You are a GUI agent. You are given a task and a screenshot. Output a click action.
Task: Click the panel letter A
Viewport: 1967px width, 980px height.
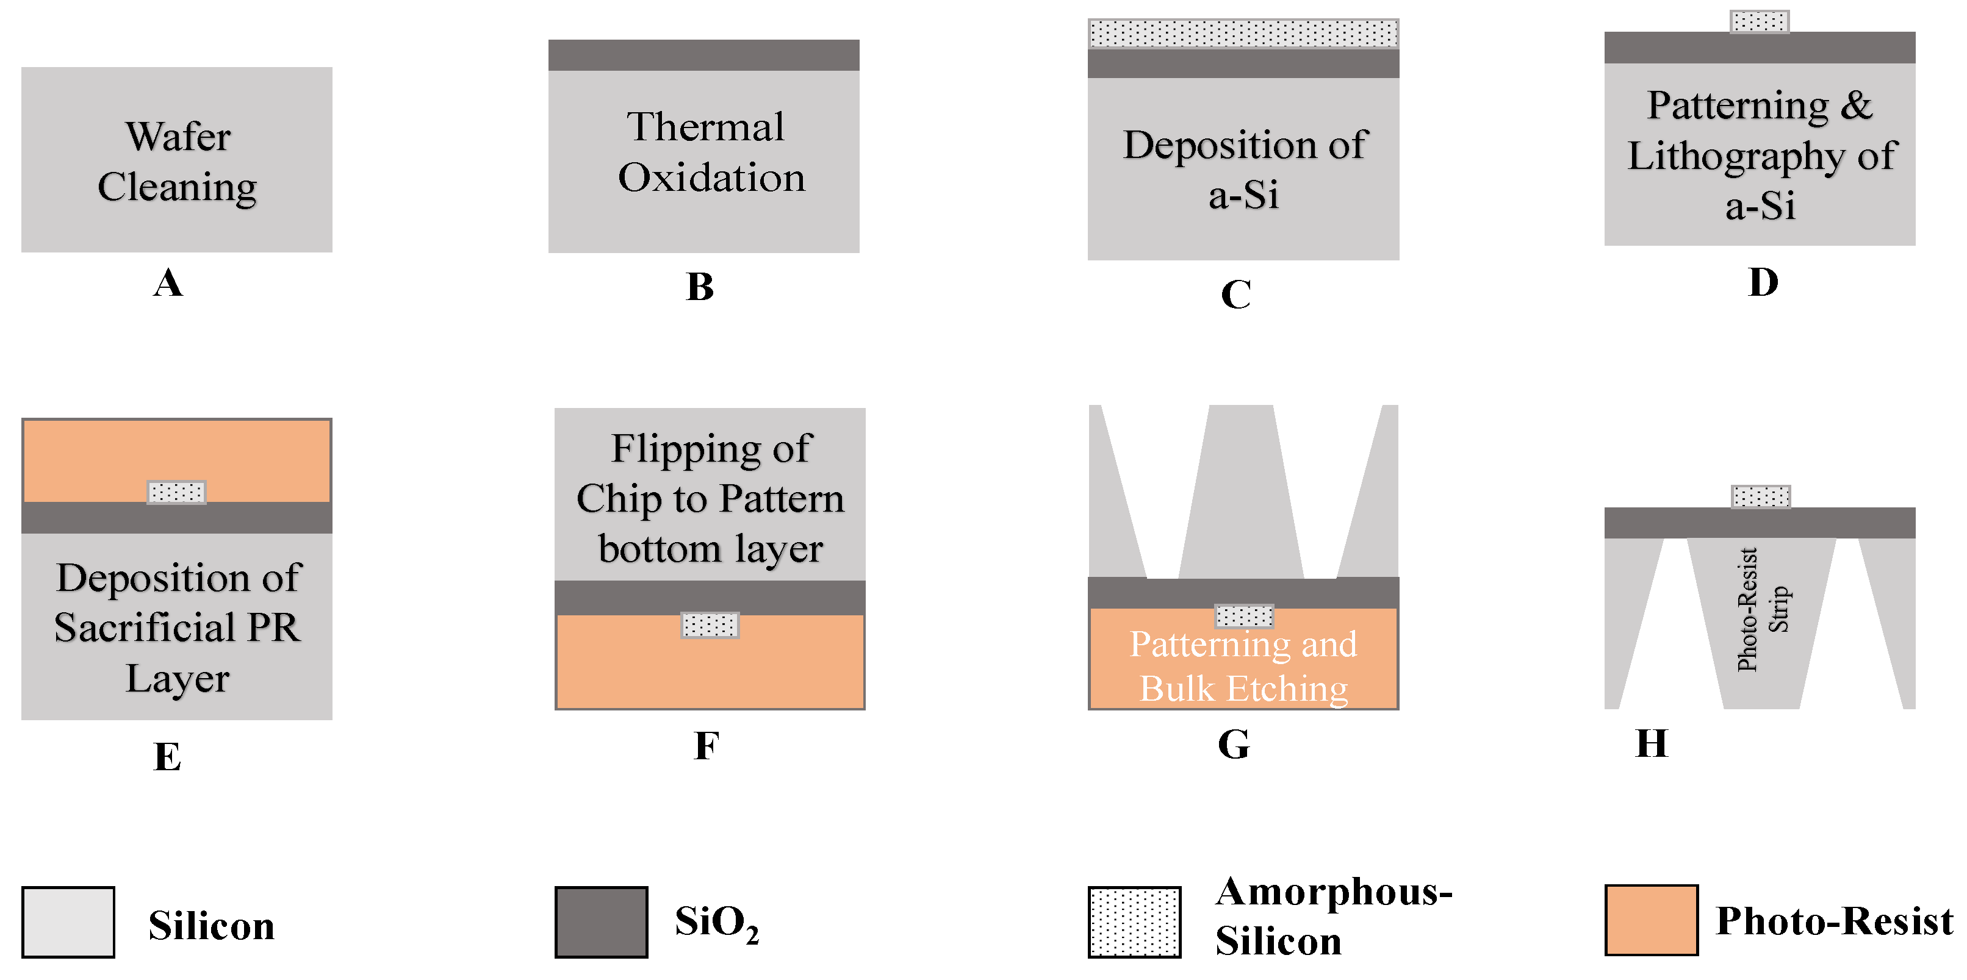click(x=168, y=283)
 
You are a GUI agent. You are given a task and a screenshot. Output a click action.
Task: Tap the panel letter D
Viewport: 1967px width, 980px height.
click(x=1763, y=282)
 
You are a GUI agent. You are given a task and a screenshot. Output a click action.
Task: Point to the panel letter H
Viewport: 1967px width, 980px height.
click(x=1652, y=743)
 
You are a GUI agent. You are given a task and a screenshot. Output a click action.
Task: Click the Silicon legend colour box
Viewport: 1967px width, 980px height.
click(x=68, y=922)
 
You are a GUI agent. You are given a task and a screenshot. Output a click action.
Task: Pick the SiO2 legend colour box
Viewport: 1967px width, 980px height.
click(x=601, y=922)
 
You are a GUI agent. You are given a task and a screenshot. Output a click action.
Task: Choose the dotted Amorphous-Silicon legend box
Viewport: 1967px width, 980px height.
click(x=1134, y=922)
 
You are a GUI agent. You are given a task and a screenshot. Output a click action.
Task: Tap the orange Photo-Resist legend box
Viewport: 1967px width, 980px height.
click(x=1651, y=920)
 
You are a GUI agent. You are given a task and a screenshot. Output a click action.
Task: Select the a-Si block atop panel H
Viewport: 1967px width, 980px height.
click(x=1761, y=496)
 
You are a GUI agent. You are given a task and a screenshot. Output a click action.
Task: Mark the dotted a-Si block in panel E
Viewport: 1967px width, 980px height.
click(x=176, y=492)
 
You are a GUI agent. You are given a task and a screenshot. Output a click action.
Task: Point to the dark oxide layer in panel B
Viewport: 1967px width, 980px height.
click(x=703, y=55)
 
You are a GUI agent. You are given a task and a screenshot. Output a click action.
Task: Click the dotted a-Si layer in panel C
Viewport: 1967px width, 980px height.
click(x=1243, y=34)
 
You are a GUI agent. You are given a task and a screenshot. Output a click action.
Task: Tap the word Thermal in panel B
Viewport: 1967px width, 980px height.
click(x=705, y=127)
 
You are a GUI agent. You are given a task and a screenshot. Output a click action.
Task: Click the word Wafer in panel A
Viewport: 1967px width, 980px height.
click(x=178, y=137)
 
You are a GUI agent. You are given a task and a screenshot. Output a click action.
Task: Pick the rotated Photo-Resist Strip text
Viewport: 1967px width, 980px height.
click(x=1763, y=609)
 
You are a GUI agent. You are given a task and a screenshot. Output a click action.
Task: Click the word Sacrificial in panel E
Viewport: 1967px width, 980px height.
click(x=145, y=628)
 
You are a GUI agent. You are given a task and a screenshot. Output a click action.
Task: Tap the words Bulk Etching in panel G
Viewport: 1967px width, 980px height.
click(x=1244, y=689)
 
